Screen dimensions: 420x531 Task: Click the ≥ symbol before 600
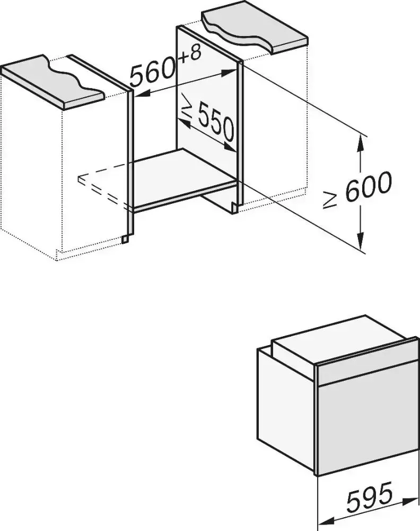pyautogui.click(x=330, y=199)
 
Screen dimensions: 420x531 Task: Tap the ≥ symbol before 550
pyautogui.click(x=187, y=106)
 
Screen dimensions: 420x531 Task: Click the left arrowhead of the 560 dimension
pyautogui.click(x=142, y=94)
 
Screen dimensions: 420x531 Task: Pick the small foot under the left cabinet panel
pyautogui.click(x=125, y=239)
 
